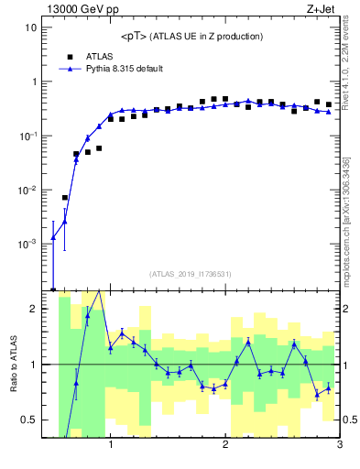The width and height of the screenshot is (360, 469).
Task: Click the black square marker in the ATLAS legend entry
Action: coord(70,56)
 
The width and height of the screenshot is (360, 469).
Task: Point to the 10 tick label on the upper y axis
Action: coord(30,27)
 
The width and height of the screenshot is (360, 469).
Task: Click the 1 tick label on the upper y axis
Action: coord(33,82)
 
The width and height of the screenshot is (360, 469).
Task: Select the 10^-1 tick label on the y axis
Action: coord(27,136)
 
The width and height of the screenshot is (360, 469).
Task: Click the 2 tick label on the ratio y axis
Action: coord(33,309)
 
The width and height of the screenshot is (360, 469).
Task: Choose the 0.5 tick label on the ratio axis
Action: coord(29,420)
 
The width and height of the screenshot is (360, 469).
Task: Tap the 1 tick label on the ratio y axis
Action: coord(33,365)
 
